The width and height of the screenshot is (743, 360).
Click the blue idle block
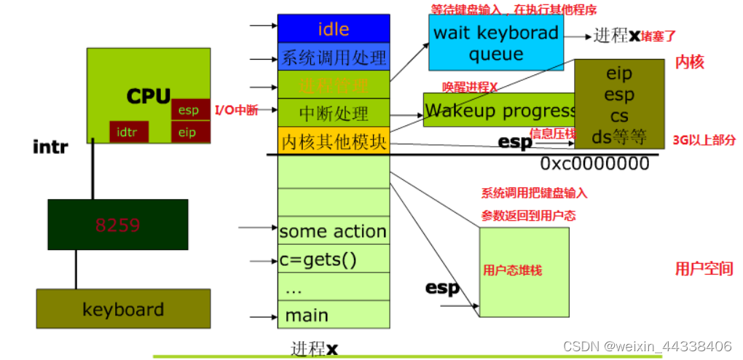334,29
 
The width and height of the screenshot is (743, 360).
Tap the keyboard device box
123,309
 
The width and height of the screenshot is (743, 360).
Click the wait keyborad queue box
495,43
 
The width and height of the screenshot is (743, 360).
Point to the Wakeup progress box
499,111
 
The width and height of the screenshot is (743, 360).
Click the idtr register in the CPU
129,133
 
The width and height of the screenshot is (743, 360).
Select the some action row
334,231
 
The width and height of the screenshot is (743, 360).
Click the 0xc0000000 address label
594,163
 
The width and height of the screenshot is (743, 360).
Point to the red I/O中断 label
236,111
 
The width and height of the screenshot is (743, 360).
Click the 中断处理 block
334,113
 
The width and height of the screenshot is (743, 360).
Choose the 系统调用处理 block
334,56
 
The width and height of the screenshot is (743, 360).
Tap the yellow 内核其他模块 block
334,141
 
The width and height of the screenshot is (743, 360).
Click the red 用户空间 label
704,268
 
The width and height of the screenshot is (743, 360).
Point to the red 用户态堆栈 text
512,270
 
